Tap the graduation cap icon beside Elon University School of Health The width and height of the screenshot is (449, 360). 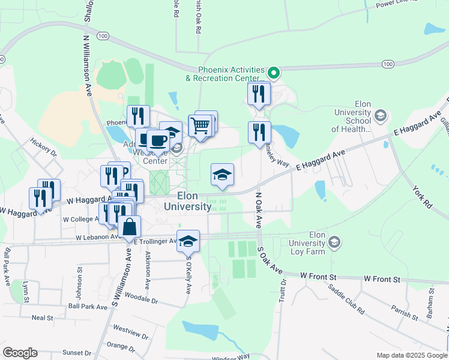[x=380, y=115]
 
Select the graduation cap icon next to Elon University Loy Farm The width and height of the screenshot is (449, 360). [x=334, y=242]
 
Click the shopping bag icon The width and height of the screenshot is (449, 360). [x=130, y=227]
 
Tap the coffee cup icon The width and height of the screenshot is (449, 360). [x=158, y=141]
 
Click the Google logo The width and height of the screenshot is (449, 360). [x=20, y=353]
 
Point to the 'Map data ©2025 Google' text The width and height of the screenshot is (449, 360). [x=411, y=355]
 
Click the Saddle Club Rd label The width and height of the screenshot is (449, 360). [x=346, y=299]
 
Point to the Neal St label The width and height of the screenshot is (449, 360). [x=43, y=317]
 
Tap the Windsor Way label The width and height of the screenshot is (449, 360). [x=231, y=356]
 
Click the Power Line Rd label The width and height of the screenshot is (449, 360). [x=397, y=4]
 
